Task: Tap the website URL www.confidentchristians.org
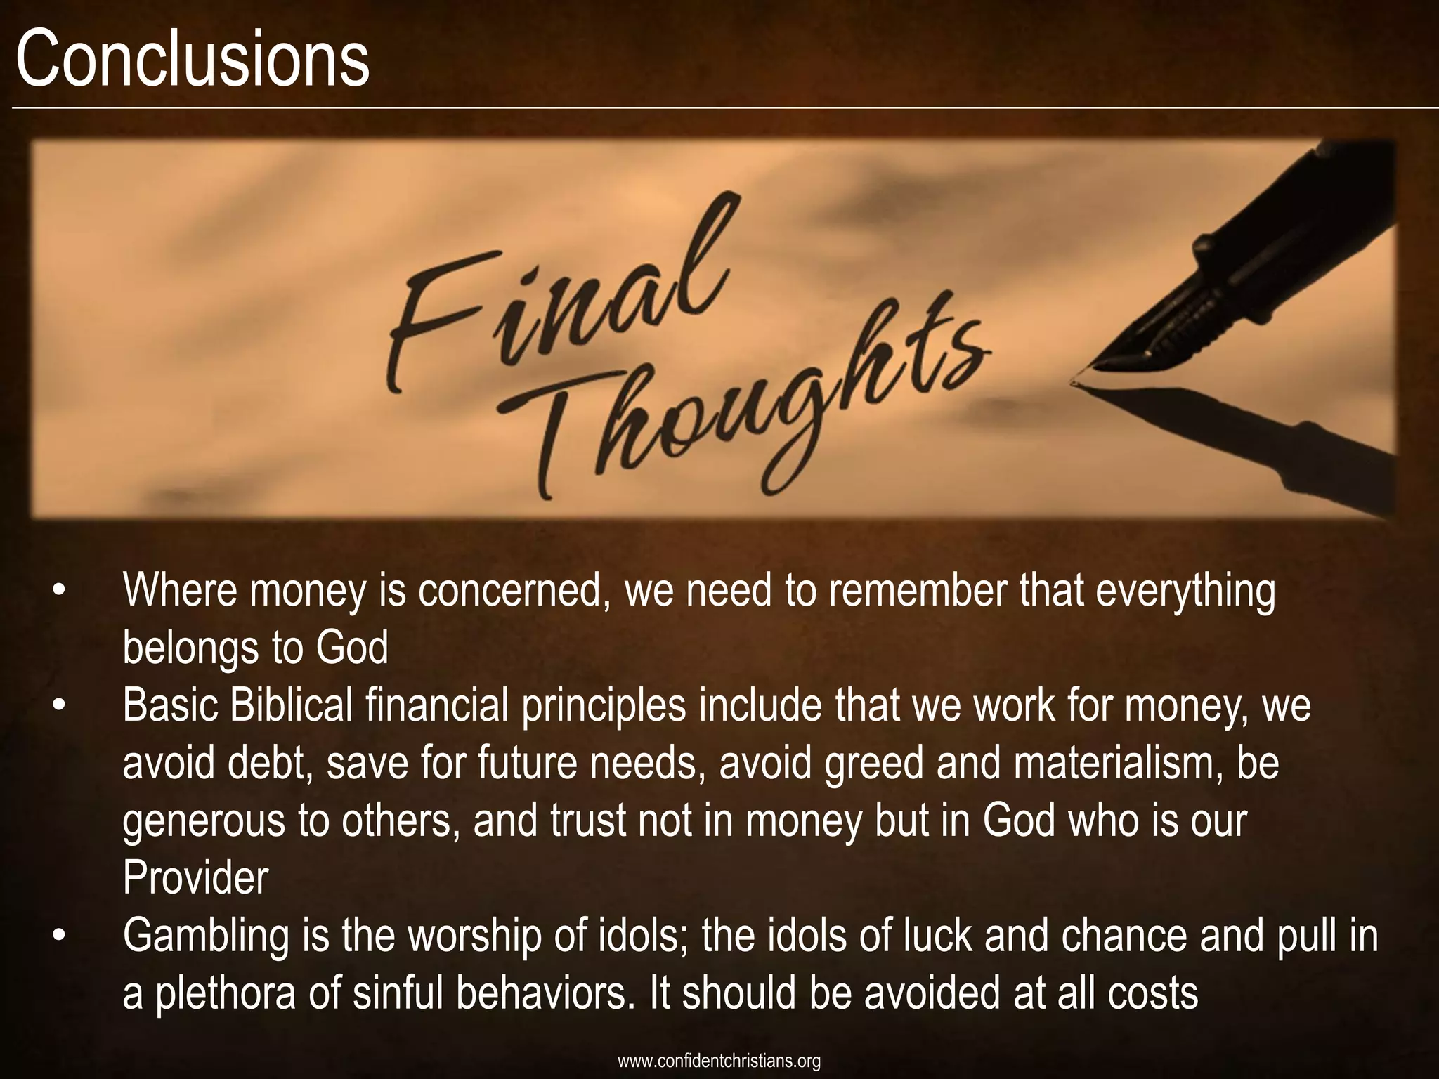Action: pos(719,1061)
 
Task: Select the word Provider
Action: pos(195,879)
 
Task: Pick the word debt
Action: pos(264,764)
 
